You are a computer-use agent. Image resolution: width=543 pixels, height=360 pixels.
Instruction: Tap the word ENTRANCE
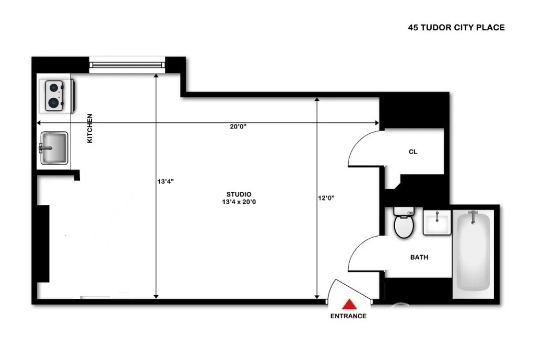coord(348,316)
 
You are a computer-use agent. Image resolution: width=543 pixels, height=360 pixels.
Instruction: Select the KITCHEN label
coord(90,129)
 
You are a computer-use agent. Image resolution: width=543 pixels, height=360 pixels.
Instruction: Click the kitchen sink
coord(54,148)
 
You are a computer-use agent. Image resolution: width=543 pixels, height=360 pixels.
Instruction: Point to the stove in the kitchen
coord(57,95)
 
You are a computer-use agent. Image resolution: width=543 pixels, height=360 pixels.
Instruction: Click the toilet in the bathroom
coord(404,224)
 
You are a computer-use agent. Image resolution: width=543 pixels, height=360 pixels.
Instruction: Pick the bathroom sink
coord(436,224)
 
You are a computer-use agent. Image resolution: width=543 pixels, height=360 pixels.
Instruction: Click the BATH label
coord(419,257)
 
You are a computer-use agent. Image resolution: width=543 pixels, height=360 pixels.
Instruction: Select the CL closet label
coord(413,152)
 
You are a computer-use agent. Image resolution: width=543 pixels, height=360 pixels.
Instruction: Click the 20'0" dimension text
coord(237,126)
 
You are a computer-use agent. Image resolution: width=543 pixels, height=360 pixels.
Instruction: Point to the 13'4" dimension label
coord(165,182)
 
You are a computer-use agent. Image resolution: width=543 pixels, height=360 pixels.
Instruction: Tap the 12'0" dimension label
coord(326,198)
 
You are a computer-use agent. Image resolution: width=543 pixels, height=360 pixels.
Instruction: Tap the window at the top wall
coord(127,64)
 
